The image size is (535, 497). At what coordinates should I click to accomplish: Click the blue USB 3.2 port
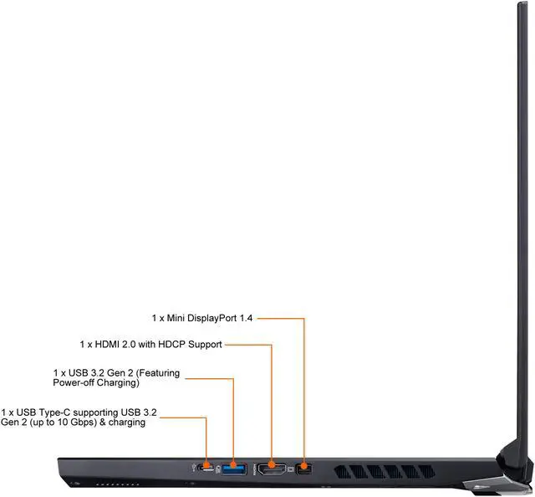[235, 467]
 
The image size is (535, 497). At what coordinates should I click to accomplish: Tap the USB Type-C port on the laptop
[206, 467]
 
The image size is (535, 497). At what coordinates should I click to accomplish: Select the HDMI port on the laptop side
[272, 467]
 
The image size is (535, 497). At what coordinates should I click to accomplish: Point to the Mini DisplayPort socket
[304, 467]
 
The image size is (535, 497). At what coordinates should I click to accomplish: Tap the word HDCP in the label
[174, 345]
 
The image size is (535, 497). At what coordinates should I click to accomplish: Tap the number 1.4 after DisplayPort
[245, 319]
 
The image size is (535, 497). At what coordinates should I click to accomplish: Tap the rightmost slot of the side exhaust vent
[431, 472]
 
